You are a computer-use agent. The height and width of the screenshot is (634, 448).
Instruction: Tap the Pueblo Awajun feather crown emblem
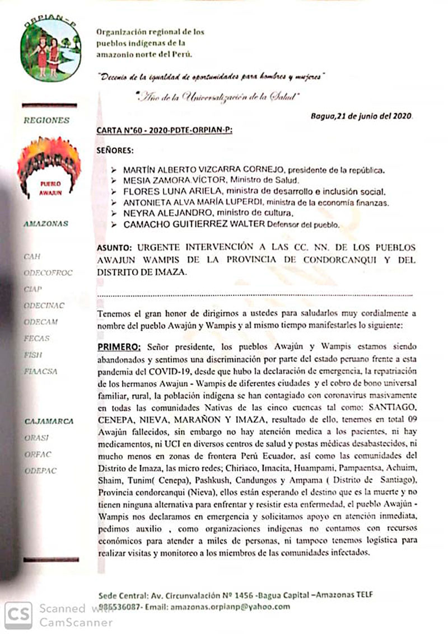pyautogui.click(x=49, y=167)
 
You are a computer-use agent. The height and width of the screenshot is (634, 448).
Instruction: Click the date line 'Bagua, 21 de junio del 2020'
pyautogui.click(x=362, y=116)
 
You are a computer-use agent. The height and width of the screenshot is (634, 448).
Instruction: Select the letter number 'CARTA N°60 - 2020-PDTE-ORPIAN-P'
pyautogui.click(x=164, y=130)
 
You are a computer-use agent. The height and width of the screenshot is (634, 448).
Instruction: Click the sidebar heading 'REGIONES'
pyautogui.click(x=47, y=120)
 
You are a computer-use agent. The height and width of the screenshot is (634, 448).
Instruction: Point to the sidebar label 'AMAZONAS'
pyautogui.click(x=46, y=223)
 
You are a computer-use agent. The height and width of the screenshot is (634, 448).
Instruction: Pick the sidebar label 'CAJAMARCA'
pyautogui.click(x=49, y=421)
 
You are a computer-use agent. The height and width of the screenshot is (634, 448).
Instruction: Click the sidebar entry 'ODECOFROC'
pyautogui.click(x=48, y=273)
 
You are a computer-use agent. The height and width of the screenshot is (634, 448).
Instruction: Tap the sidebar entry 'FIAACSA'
pyautogui.click(x=41, y=371)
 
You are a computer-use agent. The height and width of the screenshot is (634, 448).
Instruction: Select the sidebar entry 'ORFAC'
pyautogui.click(x=38, y=454)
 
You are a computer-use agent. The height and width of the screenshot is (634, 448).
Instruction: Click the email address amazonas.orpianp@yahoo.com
pyautogui.click(x=230, y=606)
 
